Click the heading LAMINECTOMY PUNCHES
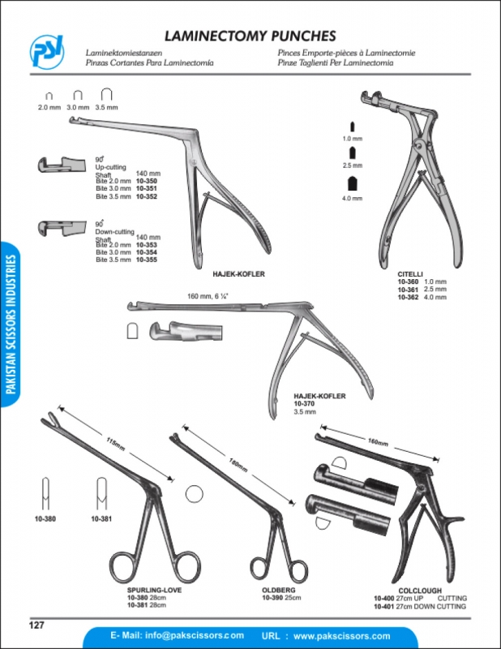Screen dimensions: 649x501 [x=250, y=37]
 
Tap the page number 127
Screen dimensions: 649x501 [x=35, y=624]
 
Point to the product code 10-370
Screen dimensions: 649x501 [x=305, y=403]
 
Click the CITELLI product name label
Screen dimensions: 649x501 [x=409, y=274]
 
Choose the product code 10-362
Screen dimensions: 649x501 [x=409, y=298]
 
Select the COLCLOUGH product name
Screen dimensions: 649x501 [x=420, y=591]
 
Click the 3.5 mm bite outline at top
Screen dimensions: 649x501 [x=105, y=95]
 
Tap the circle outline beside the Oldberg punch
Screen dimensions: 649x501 [x=194, y=494]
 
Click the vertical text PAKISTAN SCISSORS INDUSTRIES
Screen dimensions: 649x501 [x=11, y=324]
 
